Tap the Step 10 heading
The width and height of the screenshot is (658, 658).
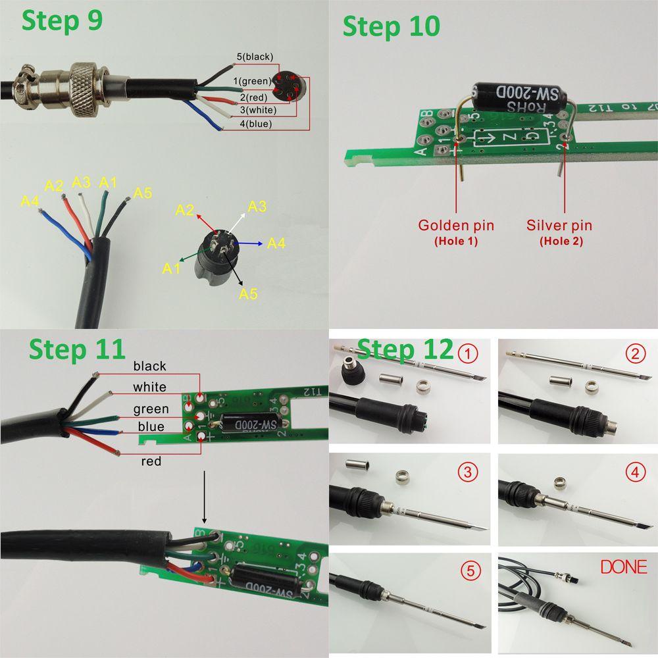(x=391, y=27)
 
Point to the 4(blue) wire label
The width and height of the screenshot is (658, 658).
(x=247, y=123)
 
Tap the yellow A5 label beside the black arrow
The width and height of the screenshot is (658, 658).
(x=247, y=293)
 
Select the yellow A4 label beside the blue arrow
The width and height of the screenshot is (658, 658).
(x=276, y=244)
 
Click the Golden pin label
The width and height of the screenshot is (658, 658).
(x=456, y=225)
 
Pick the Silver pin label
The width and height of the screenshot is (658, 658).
(x=559, y=225)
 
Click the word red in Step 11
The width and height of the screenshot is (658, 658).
(x=151, y=461)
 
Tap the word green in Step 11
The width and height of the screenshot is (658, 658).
(x=151, y=409)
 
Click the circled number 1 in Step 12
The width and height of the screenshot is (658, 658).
(x=468, y=355)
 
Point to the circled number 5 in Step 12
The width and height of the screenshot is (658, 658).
(x=468, y=570)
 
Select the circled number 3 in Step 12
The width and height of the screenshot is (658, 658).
(x=468, y=472)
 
